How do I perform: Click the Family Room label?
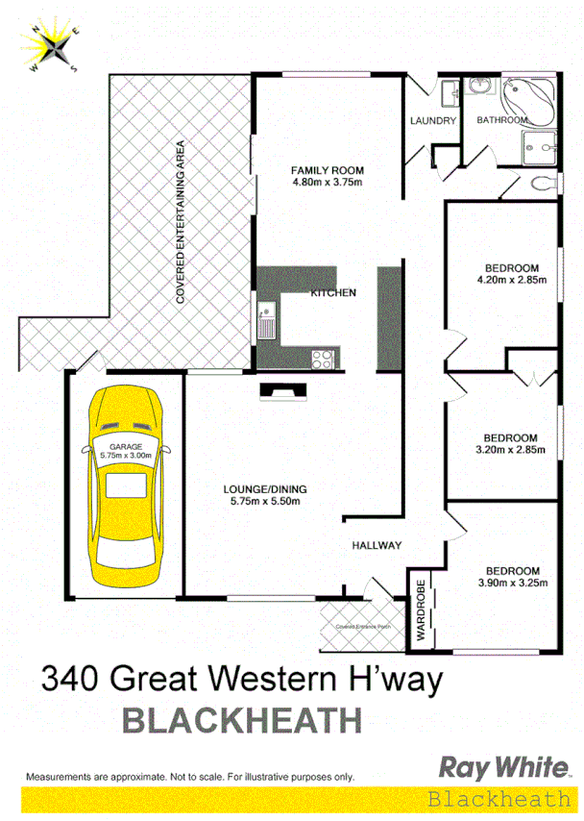pos(328,171)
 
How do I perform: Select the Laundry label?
pos(432,121)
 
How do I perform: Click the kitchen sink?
pos(265,319)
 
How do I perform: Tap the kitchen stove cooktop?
pos(323,360)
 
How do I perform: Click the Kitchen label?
pos(333,292)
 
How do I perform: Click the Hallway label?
pos(376,545)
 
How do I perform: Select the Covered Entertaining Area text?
pos(180,222)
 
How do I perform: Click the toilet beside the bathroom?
pos(538,182)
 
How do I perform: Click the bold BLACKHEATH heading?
pos(242,719)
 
